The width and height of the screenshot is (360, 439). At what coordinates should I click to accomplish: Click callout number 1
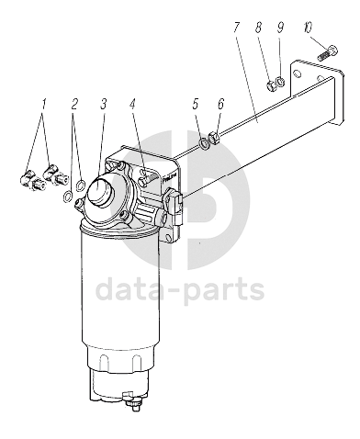pyautogui.click(x=44, y=104)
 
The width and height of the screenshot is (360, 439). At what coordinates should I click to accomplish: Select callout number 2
pyautogui.click(x=74, y=104)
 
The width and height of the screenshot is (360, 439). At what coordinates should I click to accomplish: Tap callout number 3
pyautogui.click(x=103, y=104)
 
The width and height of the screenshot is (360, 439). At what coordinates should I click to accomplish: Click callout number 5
pyautogui.click(x=196, y=104)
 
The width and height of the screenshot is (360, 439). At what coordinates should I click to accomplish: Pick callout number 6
pyautogui.click(x=220, y=104)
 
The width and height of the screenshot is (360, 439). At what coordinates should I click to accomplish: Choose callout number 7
pyautogui.click(x=235, y=28)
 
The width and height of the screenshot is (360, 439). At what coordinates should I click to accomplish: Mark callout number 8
pyautogui.click(x=258, y=28)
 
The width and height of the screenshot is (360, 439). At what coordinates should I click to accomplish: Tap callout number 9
pyautogui.click(x=280, y=28)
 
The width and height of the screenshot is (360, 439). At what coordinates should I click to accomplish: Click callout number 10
pyautogui.click(x=308, y=28)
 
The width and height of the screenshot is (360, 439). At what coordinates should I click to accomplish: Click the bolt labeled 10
pyautogui.click(x=328, y=53)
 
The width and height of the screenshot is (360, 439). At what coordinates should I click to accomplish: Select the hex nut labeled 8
pyautogui.click(x=271, y=86)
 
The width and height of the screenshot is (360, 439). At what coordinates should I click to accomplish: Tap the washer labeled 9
pyautogui.click(x=280, y=82)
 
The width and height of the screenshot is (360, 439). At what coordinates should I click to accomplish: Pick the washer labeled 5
pyautogui.click(x=204, y=143)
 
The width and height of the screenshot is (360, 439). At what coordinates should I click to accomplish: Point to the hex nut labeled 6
pyautogui.click(x=213, y=137)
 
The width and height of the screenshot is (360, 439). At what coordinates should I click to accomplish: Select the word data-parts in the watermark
pyautogui.click(x=180, y=289)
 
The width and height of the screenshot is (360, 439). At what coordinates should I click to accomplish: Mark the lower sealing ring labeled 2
pyautogui.click(x=68, y=197)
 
